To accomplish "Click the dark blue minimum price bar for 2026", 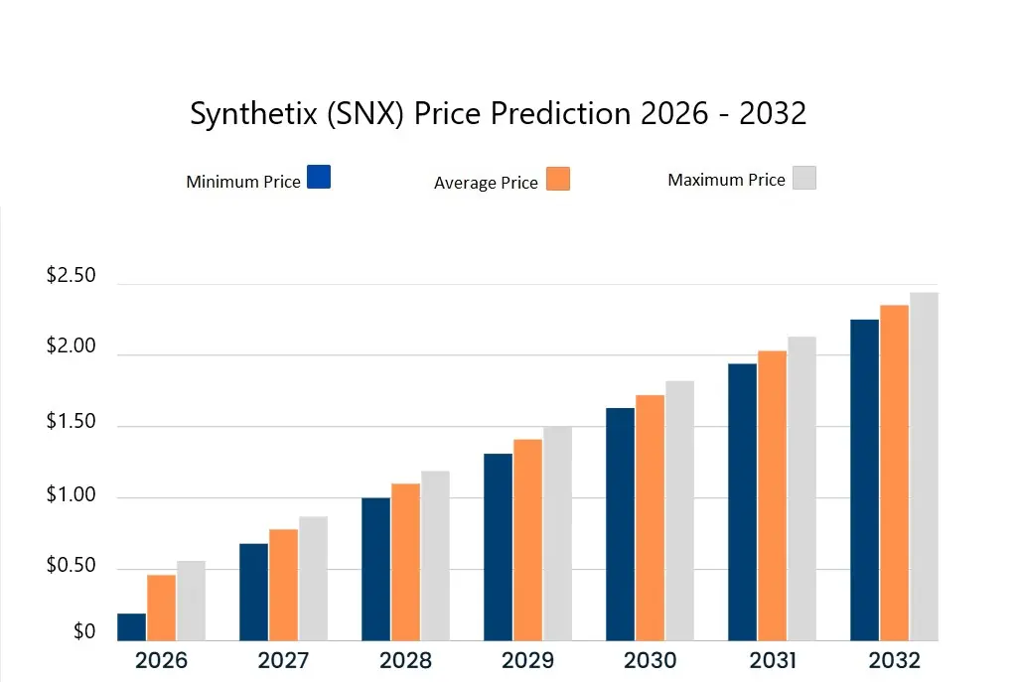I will tap(132, 627).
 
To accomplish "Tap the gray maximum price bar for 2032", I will tap(924, 467).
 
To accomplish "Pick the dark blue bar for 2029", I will tap(499, 547).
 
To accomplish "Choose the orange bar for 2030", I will tap(651, 517).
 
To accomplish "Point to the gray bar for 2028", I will tap(435, 556).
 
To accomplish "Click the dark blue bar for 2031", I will tap(742, 501).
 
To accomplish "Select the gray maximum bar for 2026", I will tap(191, 601).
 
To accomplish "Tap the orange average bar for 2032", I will tap(894, 473).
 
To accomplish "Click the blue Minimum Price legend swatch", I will tap(319, 178).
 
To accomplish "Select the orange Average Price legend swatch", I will tap(558, 179).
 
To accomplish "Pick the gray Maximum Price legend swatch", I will tap(803, 178).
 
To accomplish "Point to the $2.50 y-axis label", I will tap(72, 276).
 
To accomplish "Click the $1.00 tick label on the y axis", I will tap(72, 495).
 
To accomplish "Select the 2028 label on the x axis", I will tap(405, 661).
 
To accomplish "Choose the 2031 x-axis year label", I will tap(772, 661).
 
